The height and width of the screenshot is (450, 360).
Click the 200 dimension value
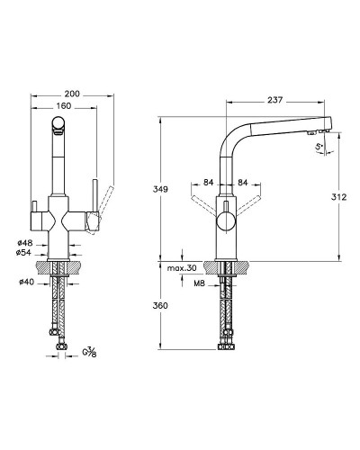72,94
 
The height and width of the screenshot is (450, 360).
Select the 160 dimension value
64,106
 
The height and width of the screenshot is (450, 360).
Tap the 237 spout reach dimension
274,100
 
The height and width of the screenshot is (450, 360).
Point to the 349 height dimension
160,189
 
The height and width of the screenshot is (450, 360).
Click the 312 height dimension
339,197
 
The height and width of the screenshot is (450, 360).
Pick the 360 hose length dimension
160,306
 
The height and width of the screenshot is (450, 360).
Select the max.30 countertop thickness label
182,268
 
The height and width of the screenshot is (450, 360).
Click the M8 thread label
199,283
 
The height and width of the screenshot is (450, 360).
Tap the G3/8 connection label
89,353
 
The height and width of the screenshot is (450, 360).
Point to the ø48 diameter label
25,242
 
